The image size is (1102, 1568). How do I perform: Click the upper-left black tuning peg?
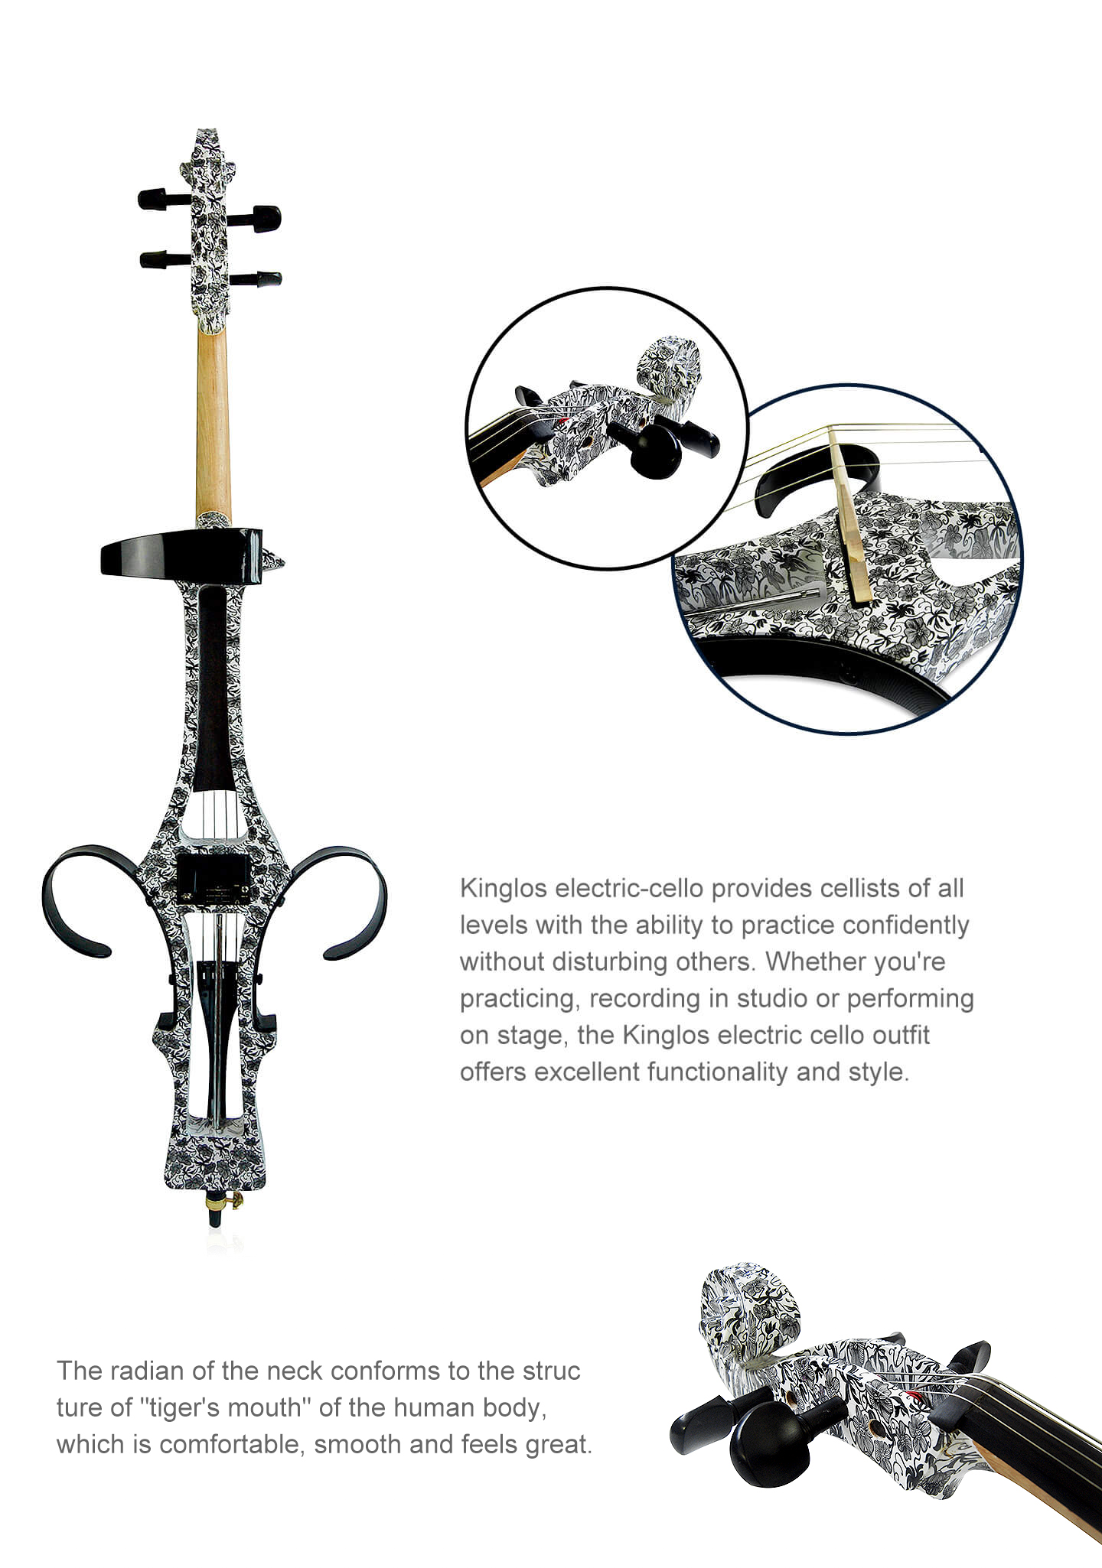(163, 199)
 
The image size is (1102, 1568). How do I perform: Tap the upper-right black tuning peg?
(254, 218)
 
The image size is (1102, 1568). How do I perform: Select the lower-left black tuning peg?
(165, 259)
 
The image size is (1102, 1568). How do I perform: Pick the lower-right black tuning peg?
(256, 278)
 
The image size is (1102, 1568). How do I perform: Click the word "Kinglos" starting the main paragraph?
(504, 889)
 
